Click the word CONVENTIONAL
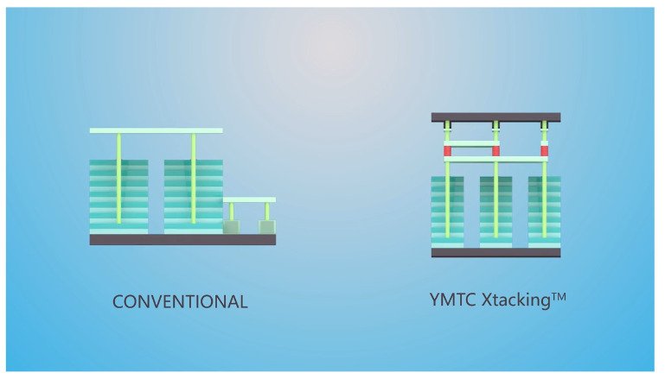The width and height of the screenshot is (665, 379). click(180, 302)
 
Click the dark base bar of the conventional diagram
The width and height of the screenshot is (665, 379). click(182, 239)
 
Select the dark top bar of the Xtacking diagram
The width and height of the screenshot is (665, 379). click(496, 117)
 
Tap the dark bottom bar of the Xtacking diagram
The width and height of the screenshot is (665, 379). click(496, 253)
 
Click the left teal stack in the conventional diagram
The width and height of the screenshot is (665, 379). click(118, 195)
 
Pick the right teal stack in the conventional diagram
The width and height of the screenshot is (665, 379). click(193, 195)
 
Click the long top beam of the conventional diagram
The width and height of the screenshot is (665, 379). click(156, 130)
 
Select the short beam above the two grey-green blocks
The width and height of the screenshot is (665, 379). click(249, 199)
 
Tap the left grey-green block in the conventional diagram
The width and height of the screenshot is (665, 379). click(231, 227)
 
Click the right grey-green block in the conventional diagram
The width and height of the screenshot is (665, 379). click(266, 227)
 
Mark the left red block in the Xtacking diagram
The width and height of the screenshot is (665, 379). click(447, 151)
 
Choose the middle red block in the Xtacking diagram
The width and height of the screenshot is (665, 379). click(496, 151)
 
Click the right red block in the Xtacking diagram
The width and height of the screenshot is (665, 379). click(544, 151)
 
